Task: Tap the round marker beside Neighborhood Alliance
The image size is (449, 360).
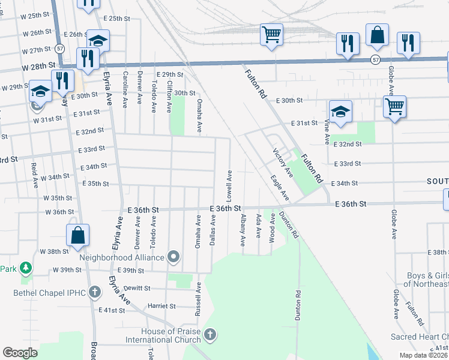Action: (x=174, y=257)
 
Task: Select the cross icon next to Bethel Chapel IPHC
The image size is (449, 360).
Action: (x=94, y=293)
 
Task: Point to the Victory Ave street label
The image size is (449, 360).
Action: (x=283, y=162)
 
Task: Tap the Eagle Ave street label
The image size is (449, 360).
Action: (x=280, y=188)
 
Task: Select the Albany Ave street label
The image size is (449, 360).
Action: (x=243, y=230)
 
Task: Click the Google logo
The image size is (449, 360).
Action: (x=20, y=352)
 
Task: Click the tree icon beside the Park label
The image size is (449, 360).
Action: (x=26, y=268)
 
